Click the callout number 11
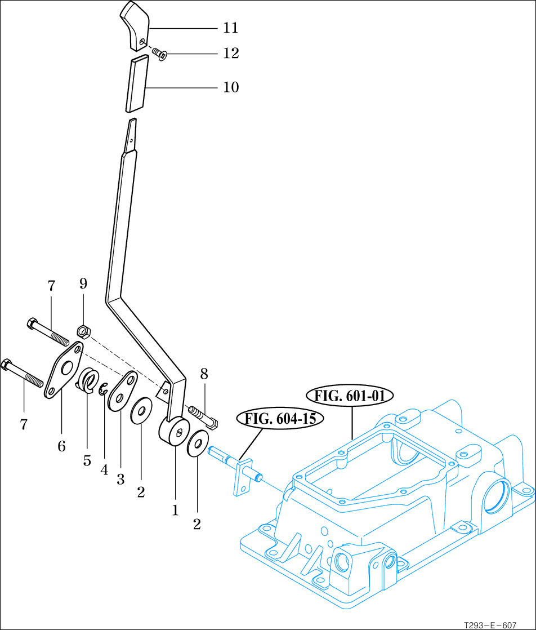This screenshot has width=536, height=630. [231, 28]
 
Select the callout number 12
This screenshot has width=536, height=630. [231, 54]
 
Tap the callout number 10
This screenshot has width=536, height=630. [231, 87]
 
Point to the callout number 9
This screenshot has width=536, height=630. [83, 284]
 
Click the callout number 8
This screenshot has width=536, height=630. [204, 373]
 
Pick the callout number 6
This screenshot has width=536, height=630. [61, 446]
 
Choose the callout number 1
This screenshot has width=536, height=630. [175, 511]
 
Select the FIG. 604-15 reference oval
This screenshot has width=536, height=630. [284, 418]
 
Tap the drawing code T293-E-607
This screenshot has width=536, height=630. [490, 625]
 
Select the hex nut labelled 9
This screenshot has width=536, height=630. [82, 331]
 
